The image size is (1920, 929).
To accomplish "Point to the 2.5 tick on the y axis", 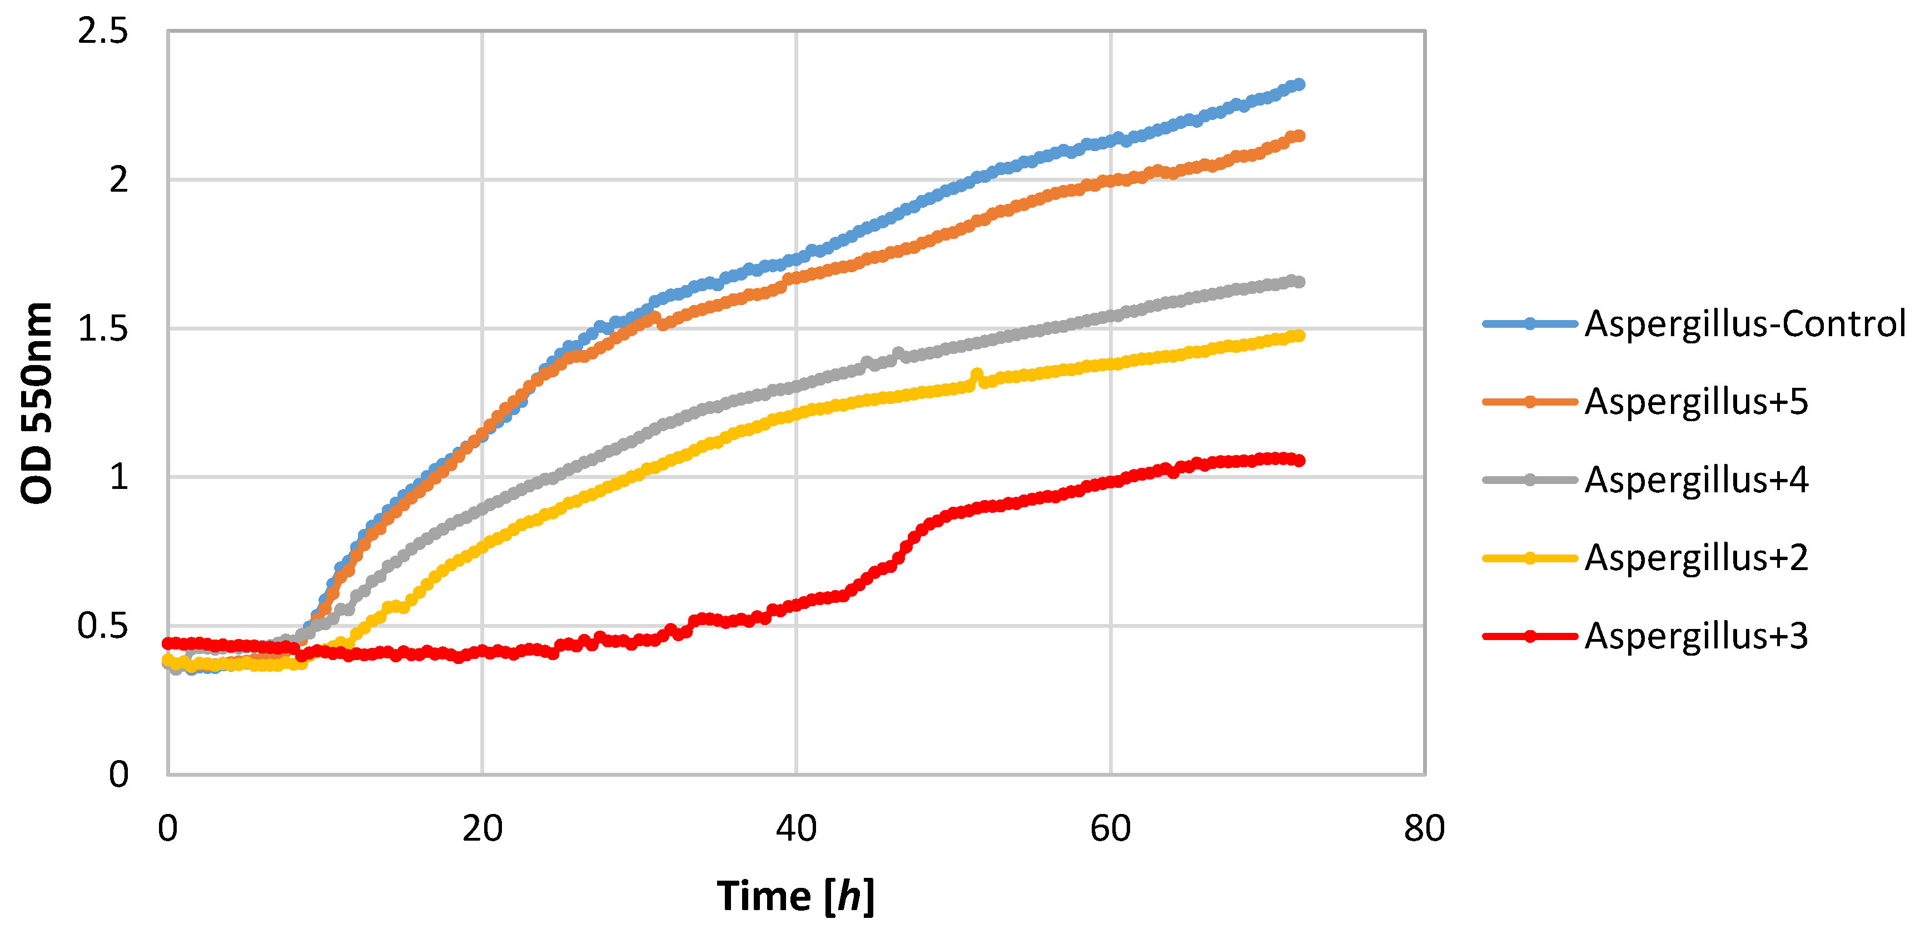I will pos(103,31).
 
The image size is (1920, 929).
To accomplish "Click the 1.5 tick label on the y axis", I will pos(103,328).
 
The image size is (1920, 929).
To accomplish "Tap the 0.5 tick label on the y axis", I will pos(103,626).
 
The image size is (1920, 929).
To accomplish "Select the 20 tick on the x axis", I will pos(483,828).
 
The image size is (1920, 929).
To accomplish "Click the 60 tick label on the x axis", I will pos(1111,828).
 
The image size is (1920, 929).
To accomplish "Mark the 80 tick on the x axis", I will pos(1424,828).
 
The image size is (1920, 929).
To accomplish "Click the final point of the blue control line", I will pos(1300,84).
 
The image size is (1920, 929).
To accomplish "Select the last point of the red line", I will pos(1300,461).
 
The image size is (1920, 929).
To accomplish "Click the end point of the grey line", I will pos(1300,282).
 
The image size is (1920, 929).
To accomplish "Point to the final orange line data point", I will pos(1300,136).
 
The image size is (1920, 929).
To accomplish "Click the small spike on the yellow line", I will pos(976,374).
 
